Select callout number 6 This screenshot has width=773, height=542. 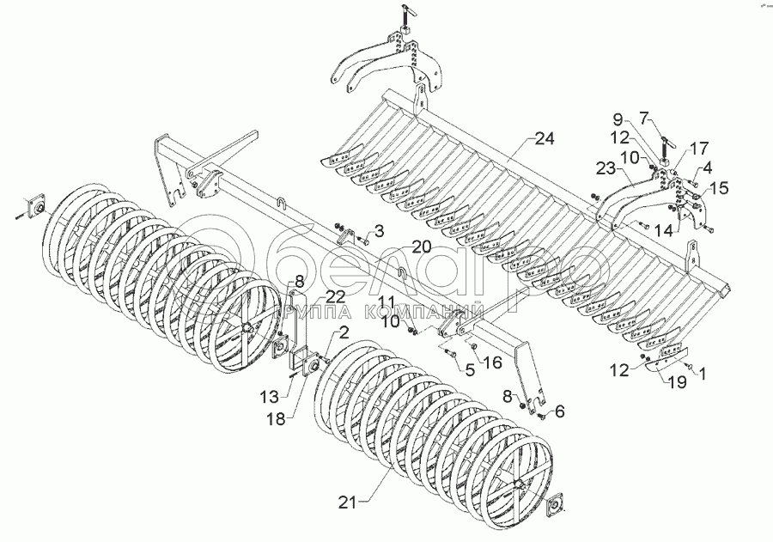coord(559,412)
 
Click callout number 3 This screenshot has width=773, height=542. coord(379,231)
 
